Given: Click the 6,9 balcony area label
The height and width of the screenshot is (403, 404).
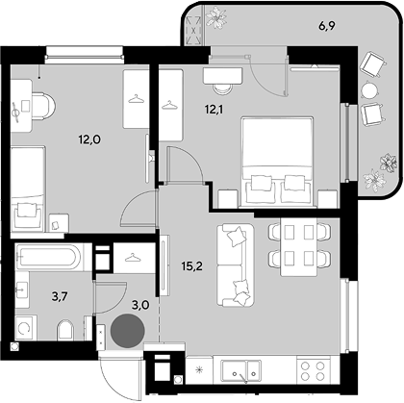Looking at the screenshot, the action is [x=327, y=26].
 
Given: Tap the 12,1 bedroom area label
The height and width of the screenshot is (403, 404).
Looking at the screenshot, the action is [x=215, y=110].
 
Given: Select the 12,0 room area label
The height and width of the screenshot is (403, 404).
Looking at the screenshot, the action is [x=89, y=139].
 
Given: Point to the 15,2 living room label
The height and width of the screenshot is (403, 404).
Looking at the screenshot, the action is [x=191, y=265].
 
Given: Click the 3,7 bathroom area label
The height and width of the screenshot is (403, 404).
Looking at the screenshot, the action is [x=60, y=297].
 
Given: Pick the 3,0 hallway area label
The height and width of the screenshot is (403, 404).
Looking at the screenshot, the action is [x=140, y=305].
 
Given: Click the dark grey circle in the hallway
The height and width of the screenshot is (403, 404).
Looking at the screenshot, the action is [x=128, y=331].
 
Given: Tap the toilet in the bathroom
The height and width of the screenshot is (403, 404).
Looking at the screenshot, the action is [x=65, y=329].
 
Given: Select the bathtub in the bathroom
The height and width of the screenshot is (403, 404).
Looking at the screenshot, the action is [x=49, y=257].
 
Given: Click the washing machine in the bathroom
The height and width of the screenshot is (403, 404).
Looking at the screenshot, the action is [x=25, y=327].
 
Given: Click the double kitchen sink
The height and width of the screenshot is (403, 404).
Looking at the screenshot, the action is [x=240, y=371].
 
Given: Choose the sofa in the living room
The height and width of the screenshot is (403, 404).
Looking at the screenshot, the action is [x=235, y=264].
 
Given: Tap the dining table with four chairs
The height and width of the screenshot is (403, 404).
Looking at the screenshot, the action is [x=299, y=246].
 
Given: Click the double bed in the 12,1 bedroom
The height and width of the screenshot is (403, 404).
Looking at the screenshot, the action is [x=277, y=162].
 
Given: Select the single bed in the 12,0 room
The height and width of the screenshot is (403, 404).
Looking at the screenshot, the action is [x=28, y=189].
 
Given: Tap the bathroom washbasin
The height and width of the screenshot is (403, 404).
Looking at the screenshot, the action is [x=22, y=290].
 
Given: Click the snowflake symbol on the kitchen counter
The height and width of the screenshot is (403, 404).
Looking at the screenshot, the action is [x=200, y=370].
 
